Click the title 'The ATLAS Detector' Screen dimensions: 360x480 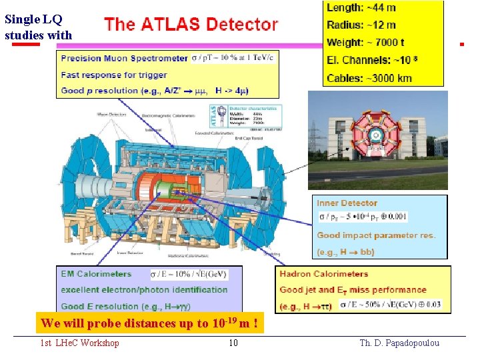point(191,25)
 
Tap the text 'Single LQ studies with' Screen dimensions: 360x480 point(38,26)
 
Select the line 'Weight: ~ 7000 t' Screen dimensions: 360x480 point(365,43)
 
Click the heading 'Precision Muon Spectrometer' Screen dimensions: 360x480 point(124,59)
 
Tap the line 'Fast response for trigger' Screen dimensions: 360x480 point(105,75)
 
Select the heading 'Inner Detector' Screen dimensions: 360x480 point(347,203)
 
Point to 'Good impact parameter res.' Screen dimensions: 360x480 point(376,235)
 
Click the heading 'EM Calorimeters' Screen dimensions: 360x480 point(96,273)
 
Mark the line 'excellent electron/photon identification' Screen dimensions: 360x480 point(144,290)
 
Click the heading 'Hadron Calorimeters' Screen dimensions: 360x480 point(324,273)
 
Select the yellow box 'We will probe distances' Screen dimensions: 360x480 point(149,324)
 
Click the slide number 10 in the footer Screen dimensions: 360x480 point(233,343)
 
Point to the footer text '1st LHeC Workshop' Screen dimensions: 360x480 point(79,343)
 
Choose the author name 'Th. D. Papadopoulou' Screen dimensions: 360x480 point(399,343)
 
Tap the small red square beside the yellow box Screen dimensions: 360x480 point(461,44)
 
